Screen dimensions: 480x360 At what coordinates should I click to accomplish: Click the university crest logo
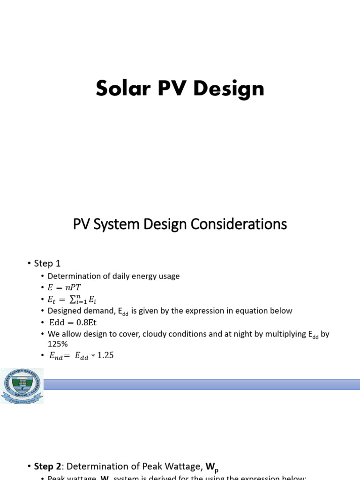point(22,385)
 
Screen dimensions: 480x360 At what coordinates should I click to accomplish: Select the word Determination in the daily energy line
point(71,276)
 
